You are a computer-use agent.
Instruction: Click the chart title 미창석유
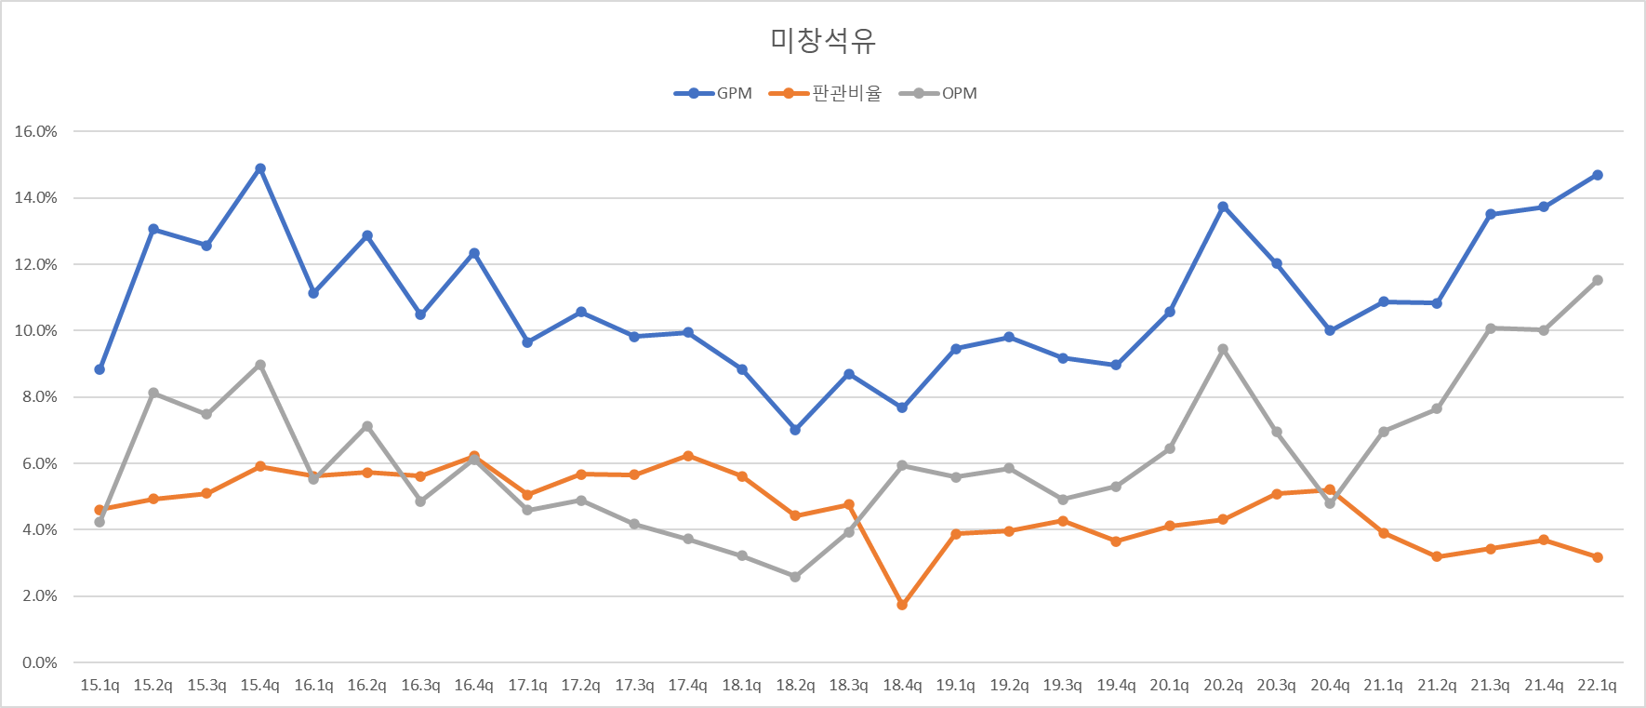[x=822, y=40]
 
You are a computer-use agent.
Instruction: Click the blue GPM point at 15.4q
[x=260, y=168]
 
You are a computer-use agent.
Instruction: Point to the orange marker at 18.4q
[x=902, y=605]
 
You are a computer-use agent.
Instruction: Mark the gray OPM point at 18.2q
[x=795, y=577]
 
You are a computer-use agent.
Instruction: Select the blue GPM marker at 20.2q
[x=1223, y=207]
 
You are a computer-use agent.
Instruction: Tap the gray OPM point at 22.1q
[x=1598, y=280]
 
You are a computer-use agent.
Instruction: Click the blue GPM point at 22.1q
[x=1598, y=175]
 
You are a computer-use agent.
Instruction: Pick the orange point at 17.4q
[x=688, y=456]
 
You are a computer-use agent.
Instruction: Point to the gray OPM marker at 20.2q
[x=1223, y=350]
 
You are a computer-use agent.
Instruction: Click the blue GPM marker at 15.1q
[x=100, y=369]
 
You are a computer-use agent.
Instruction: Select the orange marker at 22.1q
[x=1598, y=557]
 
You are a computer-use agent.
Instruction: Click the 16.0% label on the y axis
[x=35, y=131]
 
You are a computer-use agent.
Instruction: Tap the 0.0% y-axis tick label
[x=39, y=662]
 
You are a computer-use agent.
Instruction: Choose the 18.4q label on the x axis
[x=902, y=685]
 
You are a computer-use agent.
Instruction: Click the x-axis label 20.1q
[x=1169, y=685]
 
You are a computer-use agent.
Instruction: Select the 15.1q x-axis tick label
[x=100, y=685]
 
